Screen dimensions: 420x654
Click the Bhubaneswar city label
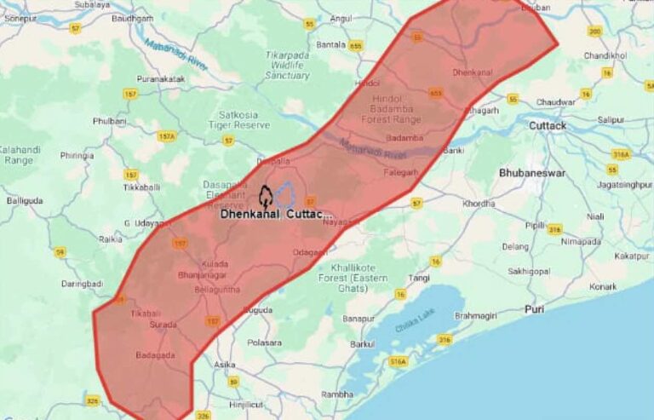tap(532, 172)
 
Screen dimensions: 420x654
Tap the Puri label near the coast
tap(535, 308)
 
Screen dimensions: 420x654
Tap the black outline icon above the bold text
tap(266, 198)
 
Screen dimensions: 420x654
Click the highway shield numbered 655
tap(355, 45)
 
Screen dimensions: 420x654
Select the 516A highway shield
tap(398, 362)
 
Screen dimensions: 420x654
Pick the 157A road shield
tap(166, 136)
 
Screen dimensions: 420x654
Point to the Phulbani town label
tap(109, 121)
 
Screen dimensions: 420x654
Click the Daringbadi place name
tap(82, 282)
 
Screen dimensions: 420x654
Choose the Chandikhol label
tap(605, 55)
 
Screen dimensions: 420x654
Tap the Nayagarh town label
tap(341, 222)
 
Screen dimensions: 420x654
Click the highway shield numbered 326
tap(93, 400)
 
